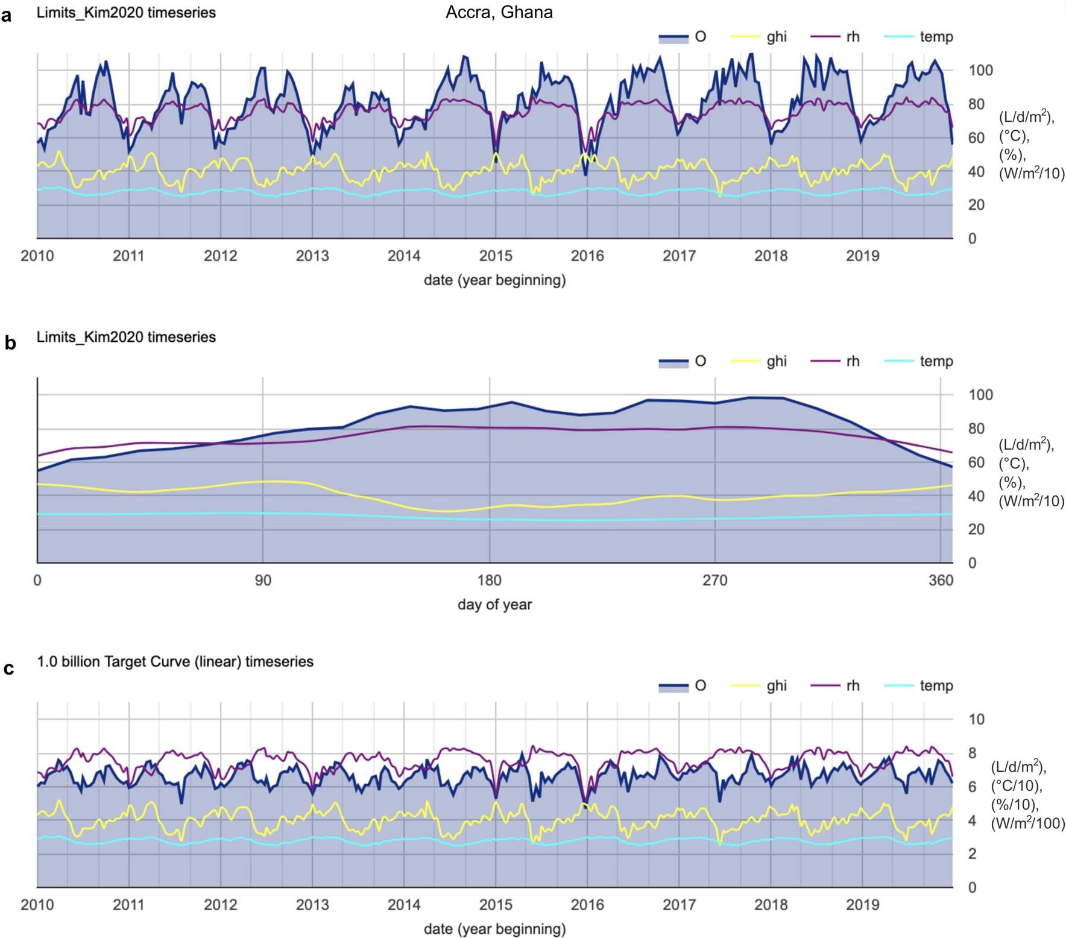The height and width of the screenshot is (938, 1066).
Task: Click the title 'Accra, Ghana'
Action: [x=499, y=13]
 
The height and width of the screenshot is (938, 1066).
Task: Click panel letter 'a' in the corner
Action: [x=7, y=16]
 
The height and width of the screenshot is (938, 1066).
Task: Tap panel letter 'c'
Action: [x=8, y=669]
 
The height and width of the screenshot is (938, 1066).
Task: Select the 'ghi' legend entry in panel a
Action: [x=776, y=37]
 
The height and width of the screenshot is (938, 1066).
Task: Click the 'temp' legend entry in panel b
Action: [x=936, y=361]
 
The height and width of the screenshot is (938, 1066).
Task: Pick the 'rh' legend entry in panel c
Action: [x=852, y=685]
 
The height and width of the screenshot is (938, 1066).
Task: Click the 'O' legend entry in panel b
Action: [x=699, y=361]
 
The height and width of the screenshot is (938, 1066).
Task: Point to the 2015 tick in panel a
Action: [x=496, y=256]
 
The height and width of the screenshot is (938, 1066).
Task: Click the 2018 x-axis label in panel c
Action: [x=771, y=904]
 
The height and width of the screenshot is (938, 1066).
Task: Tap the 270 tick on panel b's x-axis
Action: [x=715, y=581]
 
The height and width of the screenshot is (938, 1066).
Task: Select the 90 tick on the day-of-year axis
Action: [x=263, y=581]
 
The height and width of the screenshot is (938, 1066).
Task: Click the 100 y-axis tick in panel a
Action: [x=980, y=71]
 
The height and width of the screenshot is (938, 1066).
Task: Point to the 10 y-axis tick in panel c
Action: [x=976, y=719]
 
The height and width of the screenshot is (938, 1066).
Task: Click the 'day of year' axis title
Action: [x=494, y=604]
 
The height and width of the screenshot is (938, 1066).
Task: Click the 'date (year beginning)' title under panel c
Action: [x=494, y=928]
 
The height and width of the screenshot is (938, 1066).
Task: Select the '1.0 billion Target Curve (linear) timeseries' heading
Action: [x=175, y=661]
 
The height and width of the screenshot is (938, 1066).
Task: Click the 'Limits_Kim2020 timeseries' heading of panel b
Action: [x=126, y=337]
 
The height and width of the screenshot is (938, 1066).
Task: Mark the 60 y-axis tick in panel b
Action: [x=976, y=462]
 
